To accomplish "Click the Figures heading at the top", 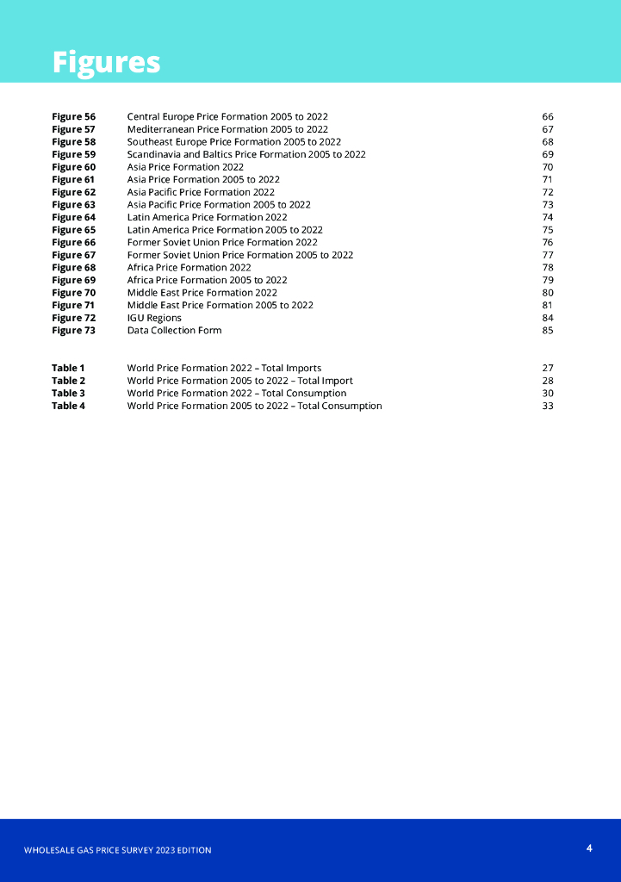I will coord(106,63).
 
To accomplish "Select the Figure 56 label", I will coord(73,116).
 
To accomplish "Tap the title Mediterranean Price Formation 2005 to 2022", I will coord(227,129).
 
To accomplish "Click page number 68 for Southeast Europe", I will coord(548,142).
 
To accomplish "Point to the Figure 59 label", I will coord(73,154).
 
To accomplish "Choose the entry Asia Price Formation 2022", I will coord(185,167).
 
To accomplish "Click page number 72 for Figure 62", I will coord(548,192).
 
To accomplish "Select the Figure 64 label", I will coord(73,217).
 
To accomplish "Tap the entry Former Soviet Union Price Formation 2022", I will coord(222,243).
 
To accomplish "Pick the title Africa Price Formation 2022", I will coord(189,268).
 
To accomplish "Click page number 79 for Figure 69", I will coord(548,281).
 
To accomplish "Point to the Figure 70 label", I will coord(73,293).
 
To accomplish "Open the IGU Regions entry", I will coord(154,318).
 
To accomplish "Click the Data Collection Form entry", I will coord(174,331).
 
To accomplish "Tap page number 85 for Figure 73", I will coord(548,331).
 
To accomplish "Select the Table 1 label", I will coord(68,369).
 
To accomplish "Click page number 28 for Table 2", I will coord(548,381).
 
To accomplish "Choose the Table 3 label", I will coord(68,394).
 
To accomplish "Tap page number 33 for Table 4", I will coord(548,407).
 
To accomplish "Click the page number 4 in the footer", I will coord(589,848).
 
